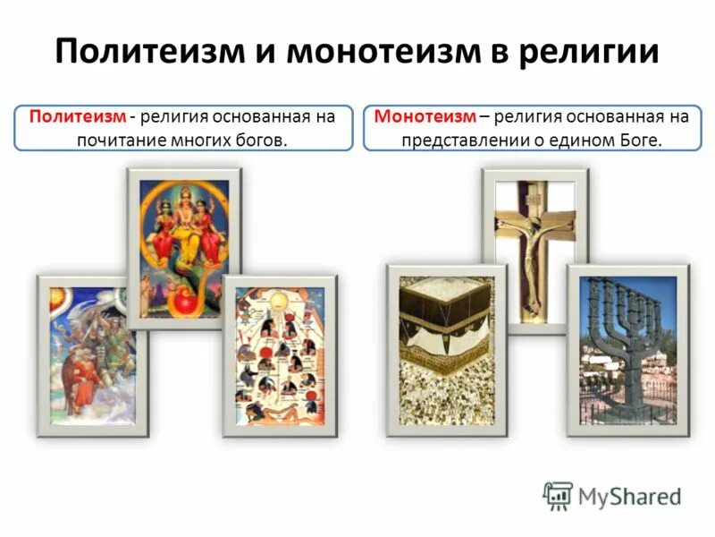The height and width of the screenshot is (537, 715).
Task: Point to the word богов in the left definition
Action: click(x=264, y=141)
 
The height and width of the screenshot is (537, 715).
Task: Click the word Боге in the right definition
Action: click(x=640, y=141)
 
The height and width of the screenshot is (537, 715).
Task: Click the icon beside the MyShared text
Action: click(x=557, y=495)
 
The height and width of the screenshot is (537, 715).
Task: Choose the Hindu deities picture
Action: click(x=183, y=246)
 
